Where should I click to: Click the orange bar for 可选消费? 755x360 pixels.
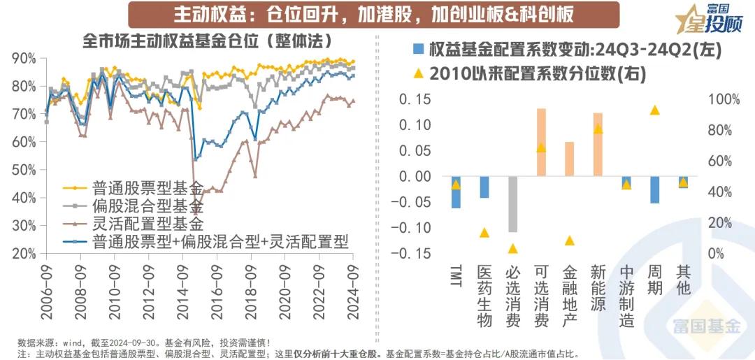pos(541,142)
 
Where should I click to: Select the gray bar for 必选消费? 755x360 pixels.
pos(512,203)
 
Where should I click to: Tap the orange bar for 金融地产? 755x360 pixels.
pos(569,159)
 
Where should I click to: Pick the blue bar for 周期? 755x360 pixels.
pos(655,189)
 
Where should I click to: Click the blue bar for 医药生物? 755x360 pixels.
pos(484,187)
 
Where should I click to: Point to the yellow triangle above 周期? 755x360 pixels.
pos(655,110)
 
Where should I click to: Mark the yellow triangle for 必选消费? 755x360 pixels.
pos(512,248)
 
